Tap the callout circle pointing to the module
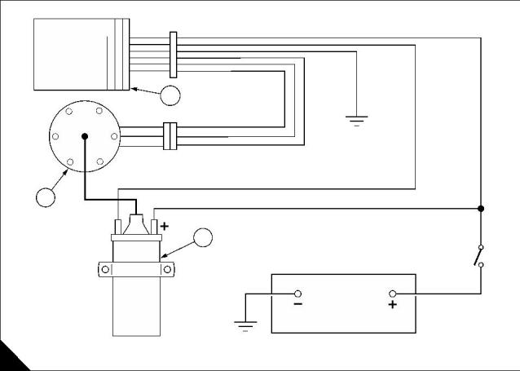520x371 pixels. tap(170, 95)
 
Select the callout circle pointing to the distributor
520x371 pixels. tap(46, 196)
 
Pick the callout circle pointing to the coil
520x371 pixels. tap(202, 238)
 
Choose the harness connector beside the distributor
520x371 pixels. tap(170, 136)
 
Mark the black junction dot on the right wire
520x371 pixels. tap(481, 209)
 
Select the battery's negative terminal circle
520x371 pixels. tap(297, 294)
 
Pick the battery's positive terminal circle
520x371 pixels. tap(392, 294)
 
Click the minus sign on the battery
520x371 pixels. tap(297, 305)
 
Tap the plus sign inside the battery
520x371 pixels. tap(393, 306)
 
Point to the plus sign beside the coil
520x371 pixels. tap(164, 225)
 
